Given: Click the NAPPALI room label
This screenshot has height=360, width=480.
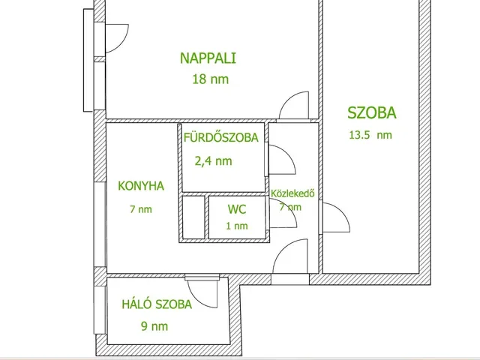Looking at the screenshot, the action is (x=208, y=58).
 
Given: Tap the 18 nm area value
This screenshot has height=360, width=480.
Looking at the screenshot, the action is (x=210, y=79).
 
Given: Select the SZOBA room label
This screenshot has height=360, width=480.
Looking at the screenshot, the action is (x=372, y=112).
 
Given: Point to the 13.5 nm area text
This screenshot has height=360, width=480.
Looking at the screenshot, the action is (x=370, y=135).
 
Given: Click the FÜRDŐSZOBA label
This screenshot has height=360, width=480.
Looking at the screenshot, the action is (x=221, y=137).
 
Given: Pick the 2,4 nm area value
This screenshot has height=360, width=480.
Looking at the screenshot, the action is (x=213, y=161).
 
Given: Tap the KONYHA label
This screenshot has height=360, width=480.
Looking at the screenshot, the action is (x=141, y=186).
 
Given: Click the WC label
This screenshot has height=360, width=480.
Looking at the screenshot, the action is (x=237, y=209).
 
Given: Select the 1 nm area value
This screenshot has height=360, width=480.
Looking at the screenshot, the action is (x=237, y=226).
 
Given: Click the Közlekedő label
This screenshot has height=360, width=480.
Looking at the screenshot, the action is (x=292, y=193).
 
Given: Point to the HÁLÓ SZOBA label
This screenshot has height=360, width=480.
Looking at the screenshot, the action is (x=157, y=304).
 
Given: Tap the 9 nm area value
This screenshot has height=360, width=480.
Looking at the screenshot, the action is (x=154, y=326).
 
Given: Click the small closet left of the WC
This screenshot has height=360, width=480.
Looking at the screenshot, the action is (x=193, y=217).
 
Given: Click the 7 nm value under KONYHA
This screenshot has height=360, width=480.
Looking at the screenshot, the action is (x=141, y=209).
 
